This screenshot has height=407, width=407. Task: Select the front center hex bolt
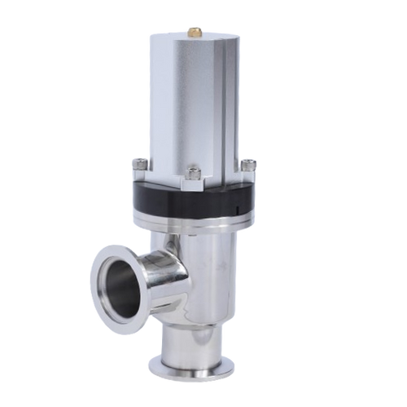pyautogui.click(x=194, y=173)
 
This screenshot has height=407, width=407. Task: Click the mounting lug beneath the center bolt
pyautogui.click(x=194, y=184)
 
